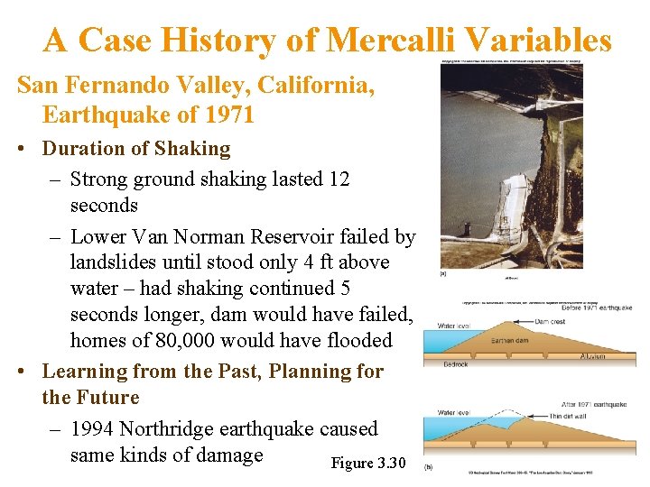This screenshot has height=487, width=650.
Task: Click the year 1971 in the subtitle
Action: (229, 115)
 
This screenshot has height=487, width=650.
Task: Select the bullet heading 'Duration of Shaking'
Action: (136, 148)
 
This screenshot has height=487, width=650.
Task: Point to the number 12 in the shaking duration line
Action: (339, 179)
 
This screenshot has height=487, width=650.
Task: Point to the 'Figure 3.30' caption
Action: (368, 463)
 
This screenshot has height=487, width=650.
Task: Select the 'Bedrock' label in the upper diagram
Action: (456, 364)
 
